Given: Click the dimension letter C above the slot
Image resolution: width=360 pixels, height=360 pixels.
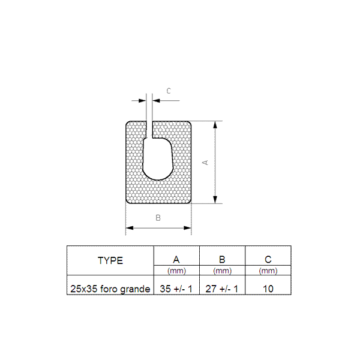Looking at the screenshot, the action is point(169,91).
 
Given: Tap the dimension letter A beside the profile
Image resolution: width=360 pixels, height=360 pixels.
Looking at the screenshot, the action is point(205,163).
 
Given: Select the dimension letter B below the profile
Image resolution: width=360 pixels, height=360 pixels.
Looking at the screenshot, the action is point(158,218).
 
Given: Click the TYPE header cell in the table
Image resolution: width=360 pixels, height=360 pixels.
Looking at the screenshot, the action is point(110,260).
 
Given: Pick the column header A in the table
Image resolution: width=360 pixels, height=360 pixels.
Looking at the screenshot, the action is point(176,259).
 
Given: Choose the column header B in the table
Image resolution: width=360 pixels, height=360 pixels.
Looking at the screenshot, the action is point(222,259).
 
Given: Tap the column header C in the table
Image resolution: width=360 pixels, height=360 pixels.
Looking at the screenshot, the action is point(268,259).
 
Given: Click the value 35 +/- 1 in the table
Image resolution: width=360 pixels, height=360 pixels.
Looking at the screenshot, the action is point(176,289).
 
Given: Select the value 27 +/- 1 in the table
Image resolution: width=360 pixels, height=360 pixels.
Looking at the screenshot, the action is point(222,289).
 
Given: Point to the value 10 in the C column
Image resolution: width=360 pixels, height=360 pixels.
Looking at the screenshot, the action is point(268,289).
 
